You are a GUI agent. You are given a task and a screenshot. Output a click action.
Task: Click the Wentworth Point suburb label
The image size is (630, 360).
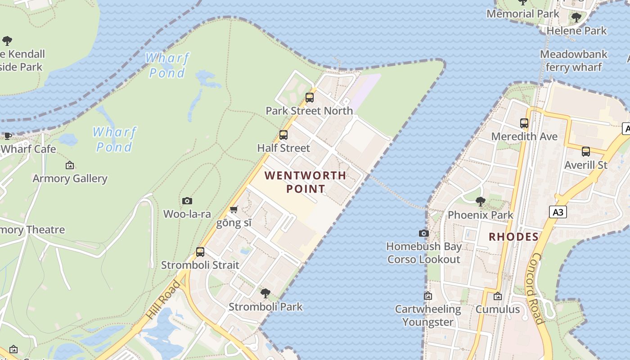(x=305, y=182)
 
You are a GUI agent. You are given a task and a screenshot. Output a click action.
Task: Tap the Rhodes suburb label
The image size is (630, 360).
(x=513, y=237)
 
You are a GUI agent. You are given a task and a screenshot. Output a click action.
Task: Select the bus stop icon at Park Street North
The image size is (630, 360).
(x=310, y=97)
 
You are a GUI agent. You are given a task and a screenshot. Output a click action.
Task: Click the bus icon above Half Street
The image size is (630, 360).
(x=283, y=135)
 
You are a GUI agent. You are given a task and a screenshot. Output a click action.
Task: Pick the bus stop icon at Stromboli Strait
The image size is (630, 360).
(x=200, y=252)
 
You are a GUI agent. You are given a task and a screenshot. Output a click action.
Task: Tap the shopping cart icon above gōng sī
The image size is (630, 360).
(x=234, y=210)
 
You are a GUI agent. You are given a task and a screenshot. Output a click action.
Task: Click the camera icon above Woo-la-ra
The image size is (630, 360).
(x=187, y=201)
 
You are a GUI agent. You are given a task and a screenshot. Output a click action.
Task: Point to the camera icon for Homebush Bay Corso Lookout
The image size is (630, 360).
(x=423, y=233)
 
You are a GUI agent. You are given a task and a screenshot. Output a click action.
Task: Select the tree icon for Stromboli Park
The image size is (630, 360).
(x=265, y=293)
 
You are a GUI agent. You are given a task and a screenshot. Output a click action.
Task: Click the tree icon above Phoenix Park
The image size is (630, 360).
(x=481, y=201)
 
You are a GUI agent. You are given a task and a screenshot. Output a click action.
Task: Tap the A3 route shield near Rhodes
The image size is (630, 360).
(x=558, y=212)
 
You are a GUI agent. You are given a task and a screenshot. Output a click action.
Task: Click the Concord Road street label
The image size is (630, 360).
(x=535, y=288)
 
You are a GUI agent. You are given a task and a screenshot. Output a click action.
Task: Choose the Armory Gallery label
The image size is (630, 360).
(x=70, y=179)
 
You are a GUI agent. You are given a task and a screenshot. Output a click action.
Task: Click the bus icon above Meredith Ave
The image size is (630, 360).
(x=524, y=123)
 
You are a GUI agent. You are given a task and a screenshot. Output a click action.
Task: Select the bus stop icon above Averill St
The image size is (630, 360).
(x=586, y=152)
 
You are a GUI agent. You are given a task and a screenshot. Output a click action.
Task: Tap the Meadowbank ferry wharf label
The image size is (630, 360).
(x=574, y=61)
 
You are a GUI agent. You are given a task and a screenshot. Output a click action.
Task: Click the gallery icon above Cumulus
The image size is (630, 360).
(x=498, y=296)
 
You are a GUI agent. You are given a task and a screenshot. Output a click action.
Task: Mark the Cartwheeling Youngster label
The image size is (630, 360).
(x=428, y=315)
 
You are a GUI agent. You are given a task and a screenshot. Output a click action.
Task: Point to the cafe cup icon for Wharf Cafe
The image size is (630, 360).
(x=8, y=136)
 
